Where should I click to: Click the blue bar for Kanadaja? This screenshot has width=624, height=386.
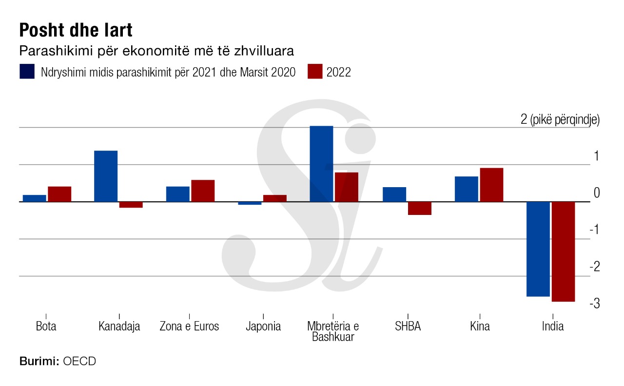click(x=105, y=176)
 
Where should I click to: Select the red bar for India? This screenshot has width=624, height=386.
click(x=563, y=251)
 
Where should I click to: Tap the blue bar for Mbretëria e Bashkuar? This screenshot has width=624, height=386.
click(x=321, y=164)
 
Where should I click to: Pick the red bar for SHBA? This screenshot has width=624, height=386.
click(x=419, y=208)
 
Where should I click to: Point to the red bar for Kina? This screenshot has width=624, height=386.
click(x=491, y=185)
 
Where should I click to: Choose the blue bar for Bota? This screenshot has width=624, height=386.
click(x=34, y=198)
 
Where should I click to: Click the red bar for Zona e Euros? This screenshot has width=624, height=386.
click(x=203, y=191)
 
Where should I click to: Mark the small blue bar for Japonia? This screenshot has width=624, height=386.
click(x=250, y=203)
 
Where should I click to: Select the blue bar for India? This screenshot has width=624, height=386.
click(x=538, y=249)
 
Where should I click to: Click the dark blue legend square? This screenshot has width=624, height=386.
click(x=27, y=71)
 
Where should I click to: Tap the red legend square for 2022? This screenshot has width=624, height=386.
click(x=315, y=71)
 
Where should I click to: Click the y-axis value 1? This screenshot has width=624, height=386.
click(x=596, y=156)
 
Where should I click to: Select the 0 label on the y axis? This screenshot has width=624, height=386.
click(x=596, y=193)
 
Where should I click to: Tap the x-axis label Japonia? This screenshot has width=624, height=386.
click(x=263, y=326)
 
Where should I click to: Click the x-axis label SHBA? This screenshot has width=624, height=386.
click(x=408, y=326)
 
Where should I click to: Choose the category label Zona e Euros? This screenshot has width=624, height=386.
click(x=189, y=326)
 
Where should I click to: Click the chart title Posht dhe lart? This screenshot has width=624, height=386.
click(x=76, y=30)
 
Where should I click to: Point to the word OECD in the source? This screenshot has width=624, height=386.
click(x=79, y=362)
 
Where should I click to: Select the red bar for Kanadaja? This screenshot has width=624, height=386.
click(x=131, y=205)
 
